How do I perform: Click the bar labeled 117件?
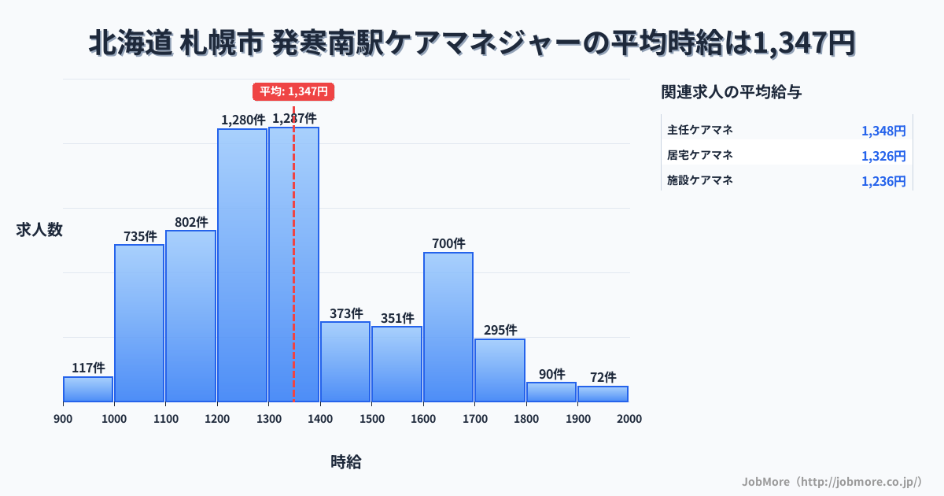tap(88, 390)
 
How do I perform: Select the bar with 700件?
tap(448, 327)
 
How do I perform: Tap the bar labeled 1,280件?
tap(242, 265)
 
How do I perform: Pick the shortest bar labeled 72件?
tap(603, 394)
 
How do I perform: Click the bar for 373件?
tap(345, 361)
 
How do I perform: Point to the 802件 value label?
tap(191, 222)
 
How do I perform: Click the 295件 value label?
tap(500, 330)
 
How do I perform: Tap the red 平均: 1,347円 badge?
tap(293, 91)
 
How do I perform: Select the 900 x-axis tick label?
tap(63, 419)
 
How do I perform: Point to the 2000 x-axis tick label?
tap(629, 419)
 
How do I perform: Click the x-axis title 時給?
tap(346, 462)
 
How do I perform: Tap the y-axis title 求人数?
tap(39, 230)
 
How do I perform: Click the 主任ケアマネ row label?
tap(700, 130)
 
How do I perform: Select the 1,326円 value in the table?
tap(883, 156)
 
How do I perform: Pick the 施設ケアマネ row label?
tap(700, 180)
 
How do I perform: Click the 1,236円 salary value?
tap(883, 181)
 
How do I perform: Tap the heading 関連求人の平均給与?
tap(732, 92)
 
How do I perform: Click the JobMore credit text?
tap(832, 481)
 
